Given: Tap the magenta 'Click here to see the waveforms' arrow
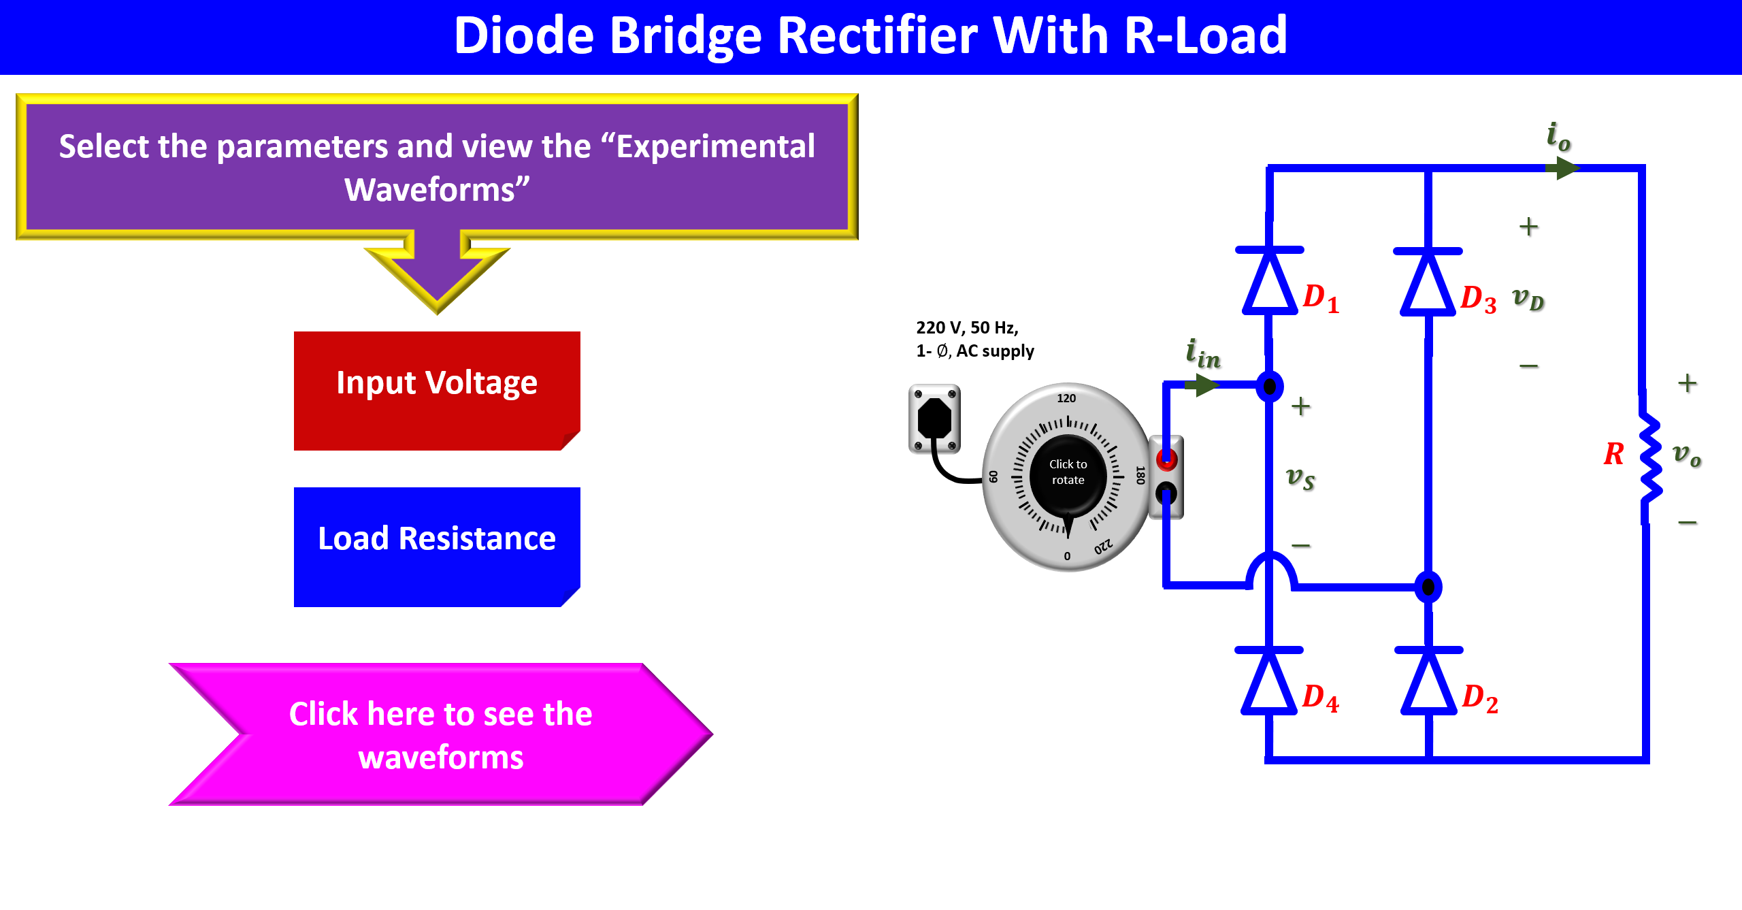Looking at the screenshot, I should point(441,735).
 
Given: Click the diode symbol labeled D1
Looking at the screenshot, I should point(1270,281).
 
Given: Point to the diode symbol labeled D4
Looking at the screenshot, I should point(1269,681).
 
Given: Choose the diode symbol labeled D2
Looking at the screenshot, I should point(1428,681).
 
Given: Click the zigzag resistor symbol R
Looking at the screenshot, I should point(1649,456).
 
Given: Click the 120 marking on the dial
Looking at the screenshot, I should point(1066,398).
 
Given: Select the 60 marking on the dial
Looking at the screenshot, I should point(993,476).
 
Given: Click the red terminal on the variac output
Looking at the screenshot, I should point(1166,460).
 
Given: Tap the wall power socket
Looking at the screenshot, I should point(934,418).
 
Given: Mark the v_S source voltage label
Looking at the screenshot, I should point(1300,478).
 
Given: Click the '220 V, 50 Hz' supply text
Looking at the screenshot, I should point(967,328).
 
